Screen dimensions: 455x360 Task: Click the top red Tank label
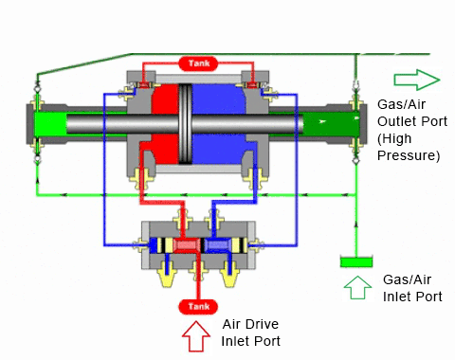point(199,63)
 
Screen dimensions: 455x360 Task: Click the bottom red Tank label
point(198,307)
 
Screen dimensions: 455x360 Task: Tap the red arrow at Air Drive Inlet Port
point(196,336)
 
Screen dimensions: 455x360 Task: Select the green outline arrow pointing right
point(417,80)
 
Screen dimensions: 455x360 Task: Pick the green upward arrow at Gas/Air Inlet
point(357,287)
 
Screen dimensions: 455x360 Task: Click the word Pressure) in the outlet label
point(409,155)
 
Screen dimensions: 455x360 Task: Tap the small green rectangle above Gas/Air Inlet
point(356,262)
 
